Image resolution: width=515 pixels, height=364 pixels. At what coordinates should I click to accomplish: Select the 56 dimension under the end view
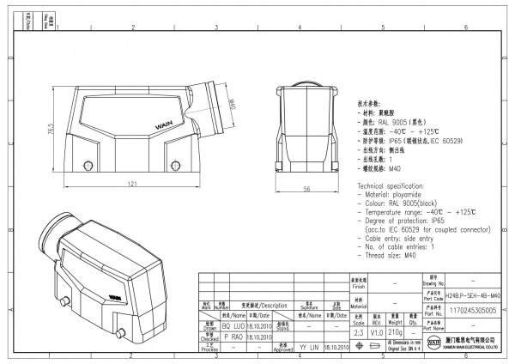click(306, 190)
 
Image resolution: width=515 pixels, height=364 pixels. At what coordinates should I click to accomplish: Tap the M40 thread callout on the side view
click(232, 107)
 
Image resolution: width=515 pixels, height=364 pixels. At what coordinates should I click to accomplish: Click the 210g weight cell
click(397, 331)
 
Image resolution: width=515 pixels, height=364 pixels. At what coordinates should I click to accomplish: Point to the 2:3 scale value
click(359, 331)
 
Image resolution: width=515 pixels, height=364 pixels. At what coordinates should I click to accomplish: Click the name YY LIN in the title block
click(309, 348)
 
